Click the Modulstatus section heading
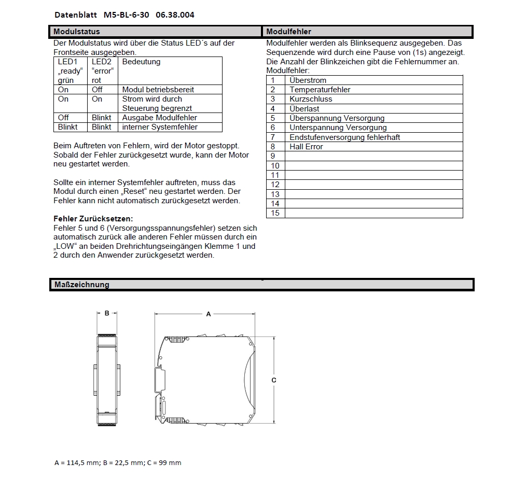[77, 32]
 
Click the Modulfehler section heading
[288, 32]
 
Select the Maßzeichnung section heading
[81, 285]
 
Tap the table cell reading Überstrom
[308, 80]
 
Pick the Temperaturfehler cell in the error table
[320, 90]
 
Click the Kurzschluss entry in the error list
[311, 99]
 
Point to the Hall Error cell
[306, 147]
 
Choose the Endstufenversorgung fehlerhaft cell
[344, 137]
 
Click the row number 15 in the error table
[275, 213]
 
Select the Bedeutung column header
[141, 62]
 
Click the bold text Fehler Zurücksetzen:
[93, 219]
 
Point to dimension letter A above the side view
[209, 314]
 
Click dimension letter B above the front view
[107, 313]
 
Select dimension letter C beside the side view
[274, 381]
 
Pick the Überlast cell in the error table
[305, 109]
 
